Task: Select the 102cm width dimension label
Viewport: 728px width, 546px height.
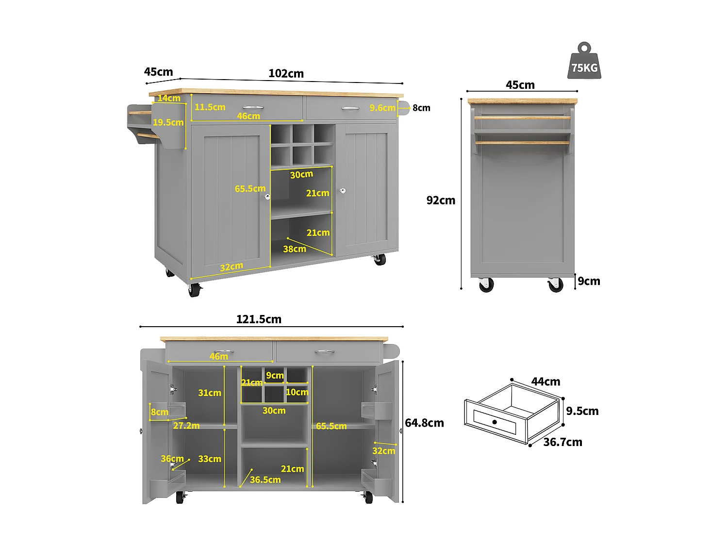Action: click(286, 74)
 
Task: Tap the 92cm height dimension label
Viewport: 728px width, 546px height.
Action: click(441, 200)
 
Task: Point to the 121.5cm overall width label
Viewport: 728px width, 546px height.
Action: click(259, 319)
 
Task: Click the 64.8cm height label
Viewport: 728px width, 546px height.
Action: click(424, 423)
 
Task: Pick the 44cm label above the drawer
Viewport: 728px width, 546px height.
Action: click(546, 382)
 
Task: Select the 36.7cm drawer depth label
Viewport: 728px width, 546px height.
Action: click(563, 442)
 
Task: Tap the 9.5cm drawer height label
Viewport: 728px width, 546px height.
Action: click(582, 411)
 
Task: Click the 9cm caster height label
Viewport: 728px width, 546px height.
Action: click(589, 281)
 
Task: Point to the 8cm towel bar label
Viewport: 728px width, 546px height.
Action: click(421, 108)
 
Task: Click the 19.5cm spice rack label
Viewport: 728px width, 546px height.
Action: click(168, 122)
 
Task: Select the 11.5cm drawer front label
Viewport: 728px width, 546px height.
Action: click(210, 107)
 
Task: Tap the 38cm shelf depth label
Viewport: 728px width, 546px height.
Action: click(295, 249)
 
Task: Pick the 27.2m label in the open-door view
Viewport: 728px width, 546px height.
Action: click(186, 426)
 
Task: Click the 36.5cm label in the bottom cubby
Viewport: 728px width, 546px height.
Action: click(265, 480)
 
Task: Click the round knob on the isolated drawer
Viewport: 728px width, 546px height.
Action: click(495, 422)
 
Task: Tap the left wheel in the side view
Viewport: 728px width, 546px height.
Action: click(486, 285)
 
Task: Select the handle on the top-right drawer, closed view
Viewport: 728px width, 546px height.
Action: click(350, 108)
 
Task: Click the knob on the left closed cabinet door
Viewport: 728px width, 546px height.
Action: click(267, 197)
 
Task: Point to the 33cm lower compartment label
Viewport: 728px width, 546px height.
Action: click(210, 459)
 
